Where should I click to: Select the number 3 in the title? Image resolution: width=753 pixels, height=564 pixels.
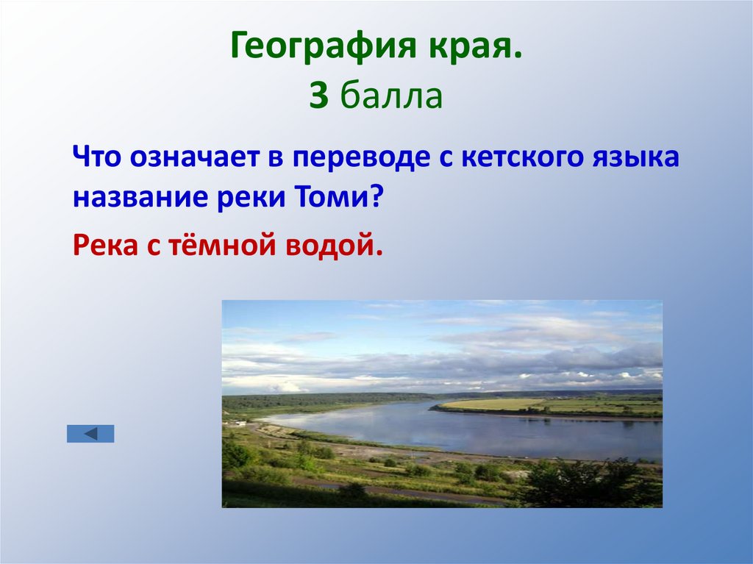(318, 97)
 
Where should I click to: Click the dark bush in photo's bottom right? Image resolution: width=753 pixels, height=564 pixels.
(581, 482)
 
